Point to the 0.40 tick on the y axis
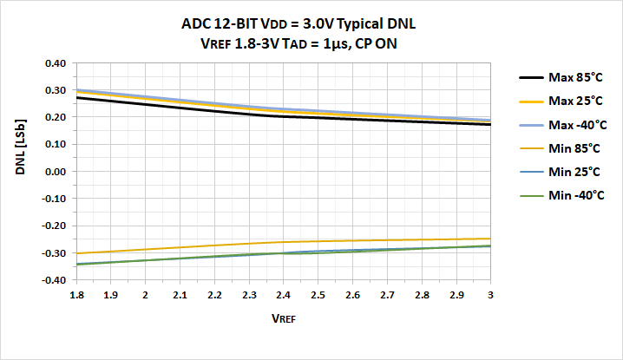(54, 63)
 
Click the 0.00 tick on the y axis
(54, 172)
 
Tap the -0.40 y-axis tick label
(52, 280)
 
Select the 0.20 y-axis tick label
(54, 117)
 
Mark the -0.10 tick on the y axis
(52, 199)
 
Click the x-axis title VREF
(283, 318)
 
